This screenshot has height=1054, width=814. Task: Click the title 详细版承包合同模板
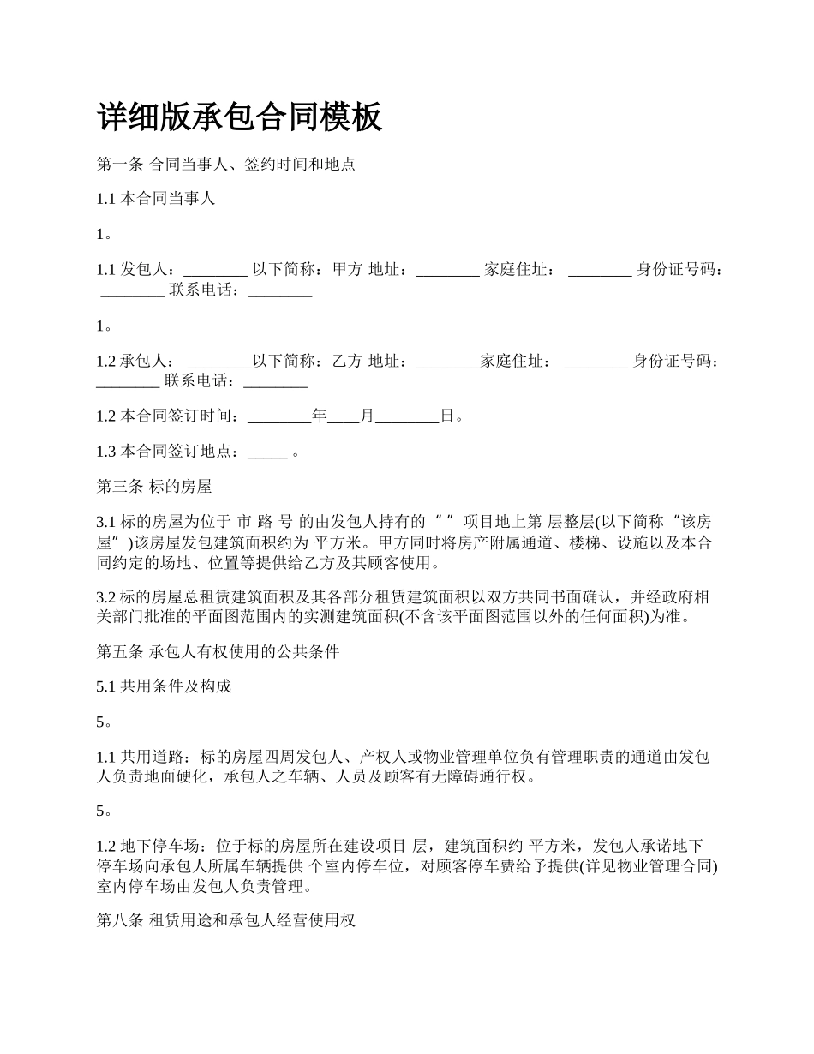point(239,117)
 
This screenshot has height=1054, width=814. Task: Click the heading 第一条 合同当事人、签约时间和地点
point(225,165)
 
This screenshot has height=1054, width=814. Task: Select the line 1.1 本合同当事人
point(155,199)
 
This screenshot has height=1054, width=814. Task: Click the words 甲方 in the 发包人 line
point(347,269)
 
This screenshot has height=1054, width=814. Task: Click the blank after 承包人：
point(218,361)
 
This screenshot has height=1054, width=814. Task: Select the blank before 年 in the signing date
point(279,416)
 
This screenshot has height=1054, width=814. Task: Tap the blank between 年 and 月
point(344,416)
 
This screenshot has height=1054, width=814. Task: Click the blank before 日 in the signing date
point(407,416)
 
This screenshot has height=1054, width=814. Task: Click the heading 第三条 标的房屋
point(154,487)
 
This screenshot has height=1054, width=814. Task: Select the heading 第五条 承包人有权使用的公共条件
point(218,652)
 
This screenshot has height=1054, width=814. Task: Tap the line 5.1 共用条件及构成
point(164,686)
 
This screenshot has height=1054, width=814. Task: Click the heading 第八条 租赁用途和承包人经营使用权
point(226,921)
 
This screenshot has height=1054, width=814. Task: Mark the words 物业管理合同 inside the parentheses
point(667,866)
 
